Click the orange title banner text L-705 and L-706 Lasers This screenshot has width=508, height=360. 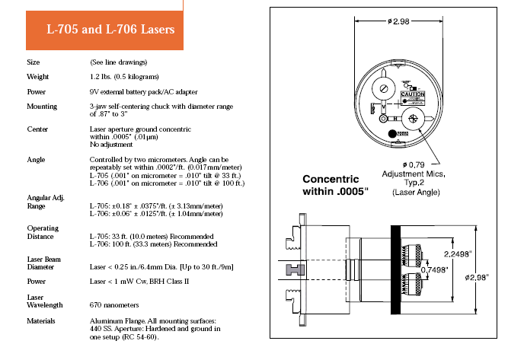[x=110, y=29]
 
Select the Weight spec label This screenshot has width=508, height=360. [x=37, y=77]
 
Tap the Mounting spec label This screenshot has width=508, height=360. [x=42, y=107]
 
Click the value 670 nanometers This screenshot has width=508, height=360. [x=114, y=305]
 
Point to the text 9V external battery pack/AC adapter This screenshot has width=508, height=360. [x=143, y=92]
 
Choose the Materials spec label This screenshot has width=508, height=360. [x=41, y=321]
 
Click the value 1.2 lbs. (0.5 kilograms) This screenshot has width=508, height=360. [x=124, y=77]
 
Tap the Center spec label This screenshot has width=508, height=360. [x=37, y=129]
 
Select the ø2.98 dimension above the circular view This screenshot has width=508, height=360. [x=398, y=21]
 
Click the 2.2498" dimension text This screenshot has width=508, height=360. [x=458, y=254]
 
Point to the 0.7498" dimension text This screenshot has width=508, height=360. [x=434, y=269]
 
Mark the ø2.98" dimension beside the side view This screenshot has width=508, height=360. [x=477, y=278]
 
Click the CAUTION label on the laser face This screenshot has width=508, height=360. [x=413, y=94]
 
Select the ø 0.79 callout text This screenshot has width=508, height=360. [x=414, y=165]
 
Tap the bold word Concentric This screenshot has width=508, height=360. [x=331, y=179]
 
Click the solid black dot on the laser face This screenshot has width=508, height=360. [x=392, y=134]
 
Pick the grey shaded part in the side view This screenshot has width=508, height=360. [x=296, y=269]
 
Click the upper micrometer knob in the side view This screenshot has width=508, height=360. [x=412, y=256]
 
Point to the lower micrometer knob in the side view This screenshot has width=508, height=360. [x=412, y=284]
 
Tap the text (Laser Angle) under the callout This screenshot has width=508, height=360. [x=416, y=193]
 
